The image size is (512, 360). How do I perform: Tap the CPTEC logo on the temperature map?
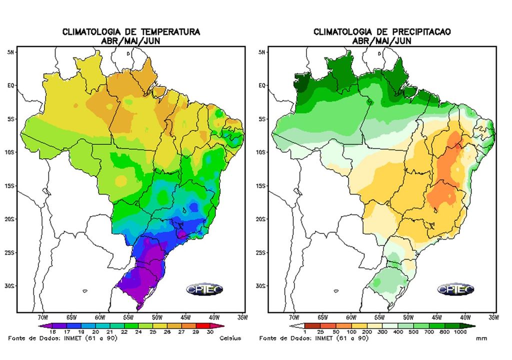click(204, 289)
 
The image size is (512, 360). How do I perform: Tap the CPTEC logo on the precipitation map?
click(455, 289)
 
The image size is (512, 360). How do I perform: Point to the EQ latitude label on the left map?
click(10, 85)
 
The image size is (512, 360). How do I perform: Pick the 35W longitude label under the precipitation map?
click(493, 317)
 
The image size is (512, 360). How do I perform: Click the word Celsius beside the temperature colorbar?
click(230, 338)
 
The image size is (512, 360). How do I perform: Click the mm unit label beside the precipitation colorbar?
click(481, 338)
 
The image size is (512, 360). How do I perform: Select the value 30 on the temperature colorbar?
click(209, 331)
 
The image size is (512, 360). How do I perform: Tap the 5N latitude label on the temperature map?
click(10, 52)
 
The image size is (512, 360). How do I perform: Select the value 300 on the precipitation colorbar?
click(383, 331)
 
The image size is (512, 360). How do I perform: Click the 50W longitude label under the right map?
click(407, 317)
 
